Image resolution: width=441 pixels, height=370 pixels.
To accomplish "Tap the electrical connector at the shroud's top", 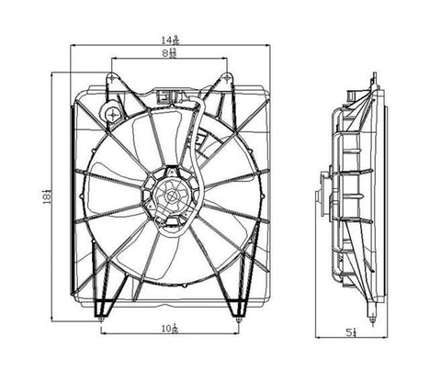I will click(166, 95).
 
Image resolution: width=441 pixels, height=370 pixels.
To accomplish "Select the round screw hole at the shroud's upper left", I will click(110, 114).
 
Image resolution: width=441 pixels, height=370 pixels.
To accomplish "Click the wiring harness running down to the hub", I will click(194, 138).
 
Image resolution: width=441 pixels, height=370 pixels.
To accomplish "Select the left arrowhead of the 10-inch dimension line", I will click(104, 332).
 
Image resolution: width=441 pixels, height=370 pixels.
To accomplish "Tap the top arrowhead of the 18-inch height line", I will click(56, 74).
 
